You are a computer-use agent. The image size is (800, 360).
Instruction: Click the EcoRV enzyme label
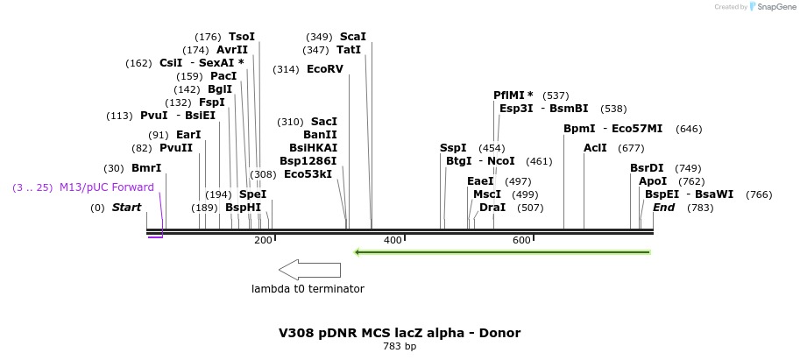(325, 69)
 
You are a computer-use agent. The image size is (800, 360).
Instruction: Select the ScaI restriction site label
(352, 37)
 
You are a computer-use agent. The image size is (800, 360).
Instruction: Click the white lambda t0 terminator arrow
(309, 270)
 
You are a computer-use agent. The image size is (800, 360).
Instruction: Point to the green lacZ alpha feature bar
(502, 252)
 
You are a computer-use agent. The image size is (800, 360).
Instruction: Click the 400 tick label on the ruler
(393, 240)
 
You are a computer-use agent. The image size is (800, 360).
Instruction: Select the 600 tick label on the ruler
(521, 240)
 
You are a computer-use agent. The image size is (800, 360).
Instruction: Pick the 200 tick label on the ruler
(263, 240)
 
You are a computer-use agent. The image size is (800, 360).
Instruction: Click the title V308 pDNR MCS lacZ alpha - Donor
(400, 333)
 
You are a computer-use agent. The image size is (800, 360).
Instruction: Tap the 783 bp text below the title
(400, 347)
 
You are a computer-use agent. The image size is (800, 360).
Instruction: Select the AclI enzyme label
(595, 148)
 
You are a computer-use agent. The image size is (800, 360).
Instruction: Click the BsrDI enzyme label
(647, 168)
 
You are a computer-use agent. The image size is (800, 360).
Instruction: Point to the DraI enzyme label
(492, 208)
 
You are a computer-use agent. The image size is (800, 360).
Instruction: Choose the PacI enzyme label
(223, 76)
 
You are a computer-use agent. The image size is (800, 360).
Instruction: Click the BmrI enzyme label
(146, 168)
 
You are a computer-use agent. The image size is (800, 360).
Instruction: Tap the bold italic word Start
(126, 208)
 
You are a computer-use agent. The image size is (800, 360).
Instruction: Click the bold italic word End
(663, 208)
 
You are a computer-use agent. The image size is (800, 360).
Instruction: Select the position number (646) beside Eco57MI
(689, 129)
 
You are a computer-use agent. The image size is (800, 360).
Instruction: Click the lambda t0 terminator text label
(308, 289)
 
